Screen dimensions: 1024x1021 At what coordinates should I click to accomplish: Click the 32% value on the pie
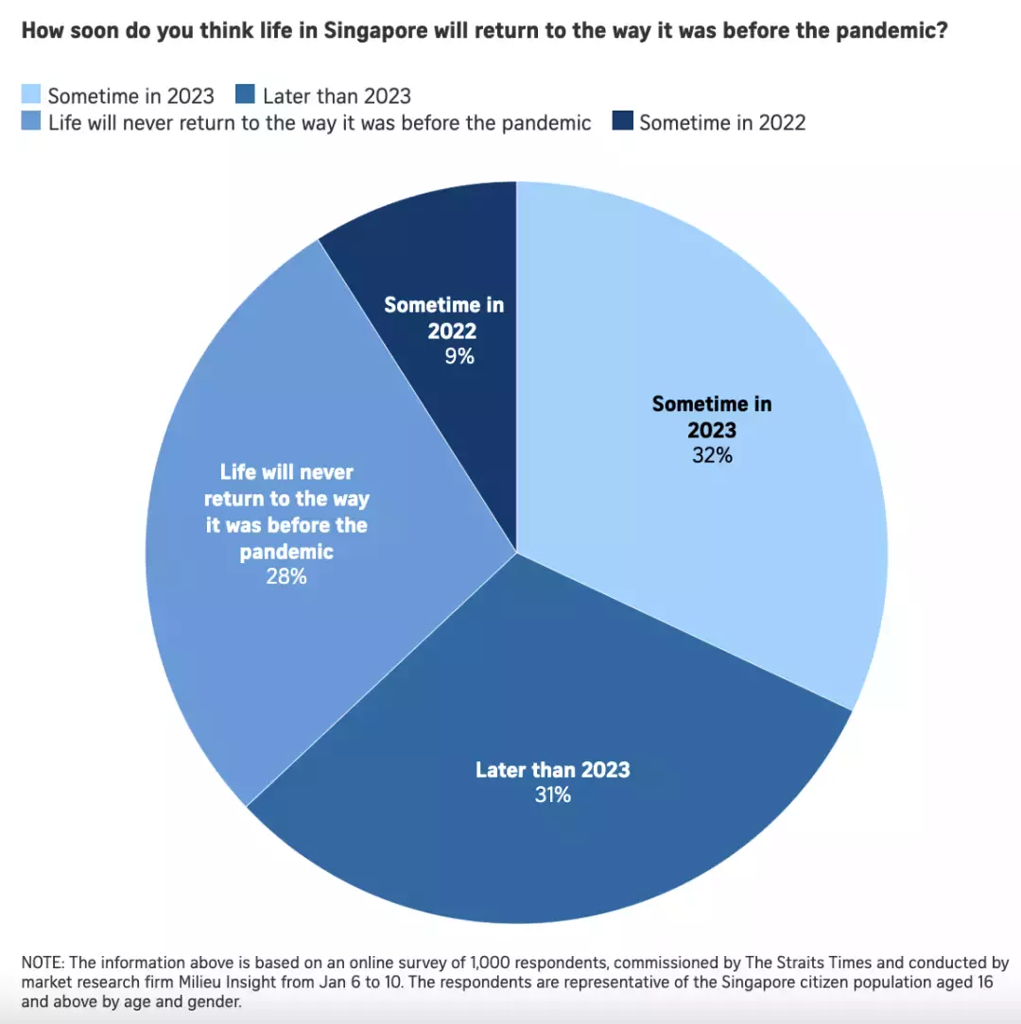[711, 455]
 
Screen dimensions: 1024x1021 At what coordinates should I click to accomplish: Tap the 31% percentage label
[552, 795]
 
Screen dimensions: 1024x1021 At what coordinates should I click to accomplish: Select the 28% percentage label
[286, 575]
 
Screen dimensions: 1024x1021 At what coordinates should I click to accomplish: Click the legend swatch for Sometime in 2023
[31, 95]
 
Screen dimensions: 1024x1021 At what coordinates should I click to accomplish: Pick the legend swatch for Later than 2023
[245, 95]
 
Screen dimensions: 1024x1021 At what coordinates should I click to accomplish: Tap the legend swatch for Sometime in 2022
[621, 123]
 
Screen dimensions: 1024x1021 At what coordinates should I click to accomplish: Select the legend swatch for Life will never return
[31, 123]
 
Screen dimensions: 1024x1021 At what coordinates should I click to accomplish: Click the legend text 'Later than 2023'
[337, 95]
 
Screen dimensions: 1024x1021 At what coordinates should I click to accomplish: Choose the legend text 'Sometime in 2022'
[722, 123]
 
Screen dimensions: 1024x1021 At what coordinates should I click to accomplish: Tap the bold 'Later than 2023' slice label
[552, 769]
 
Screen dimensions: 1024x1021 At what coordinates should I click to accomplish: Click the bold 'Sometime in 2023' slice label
[712, 417]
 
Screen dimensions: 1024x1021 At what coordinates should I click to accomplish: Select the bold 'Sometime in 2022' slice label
[444, 317]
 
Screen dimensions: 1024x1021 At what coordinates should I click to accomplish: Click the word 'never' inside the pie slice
[326, 471]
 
